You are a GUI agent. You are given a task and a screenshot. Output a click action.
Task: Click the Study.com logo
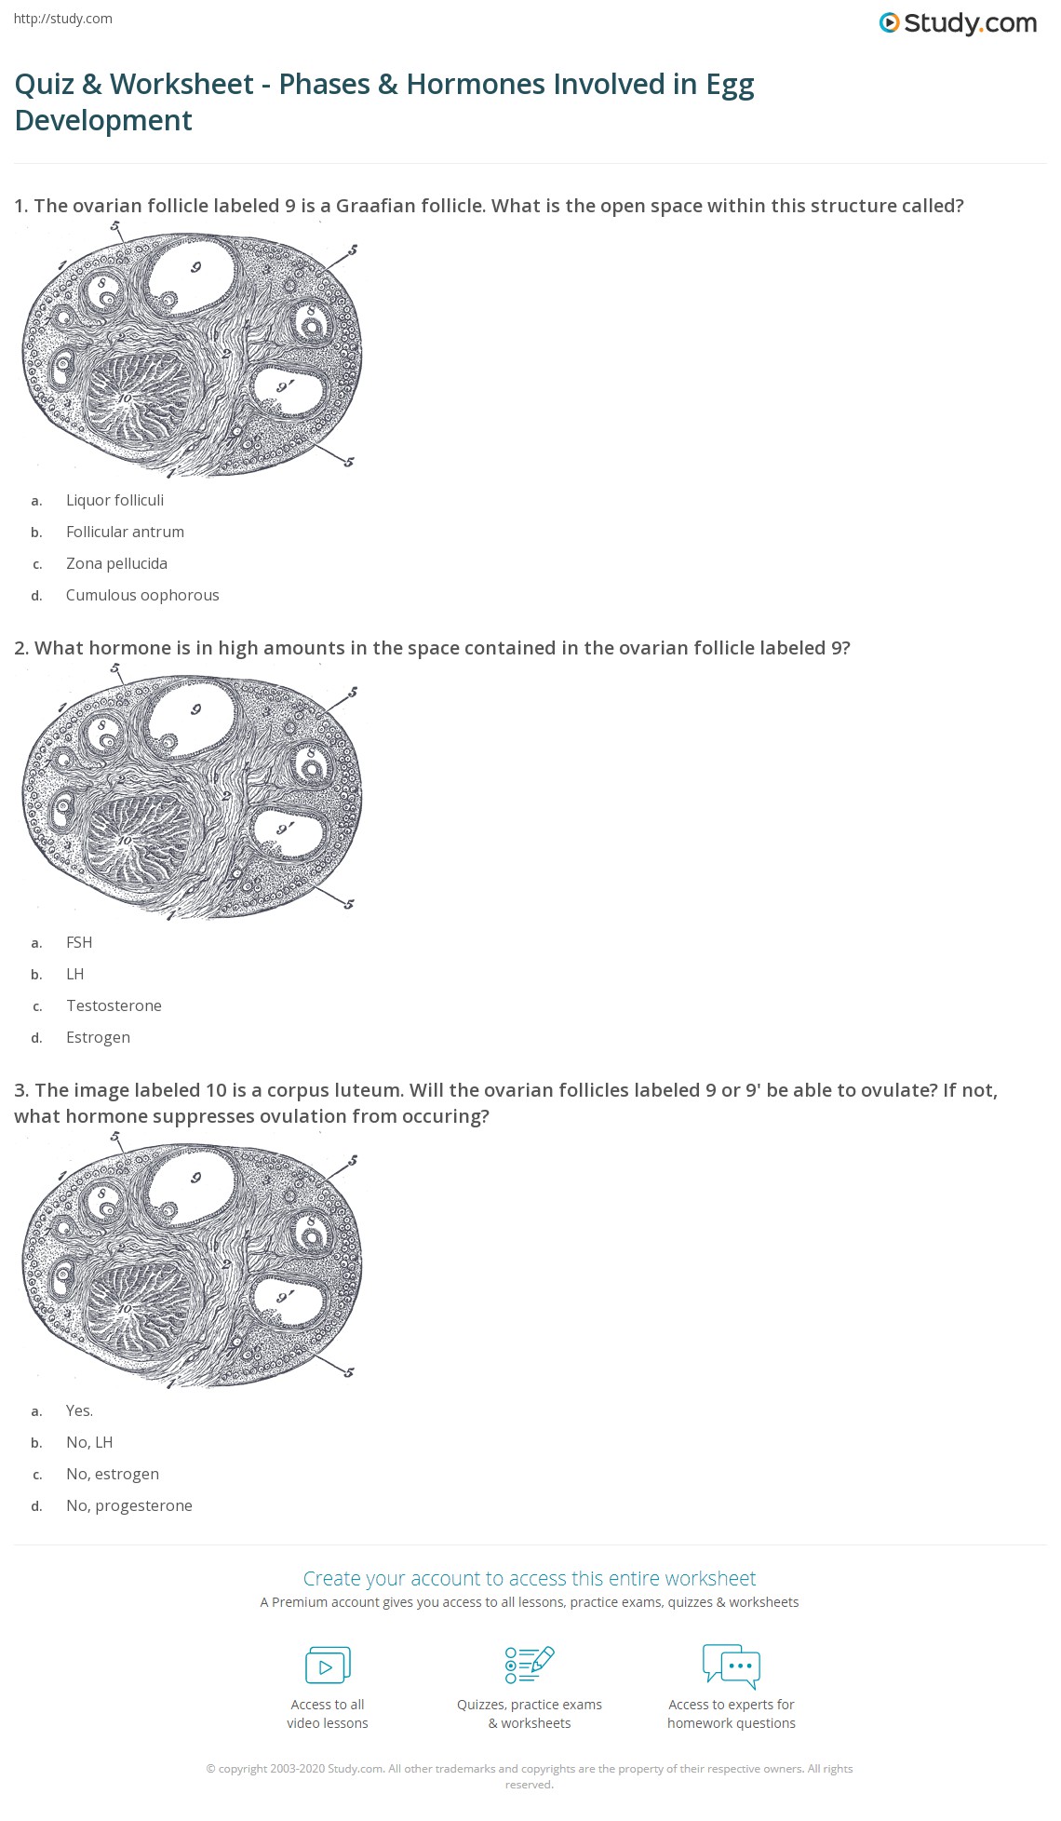tap(958, 23)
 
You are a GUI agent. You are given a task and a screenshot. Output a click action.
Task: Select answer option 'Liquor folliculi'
tap(114, 500)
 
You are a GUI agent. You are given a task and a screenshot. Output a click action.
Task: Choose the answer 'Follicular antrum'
tap(125, 532)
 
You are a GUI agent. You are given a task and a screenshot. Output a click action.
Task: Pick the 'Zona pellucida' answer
tap(116, 563)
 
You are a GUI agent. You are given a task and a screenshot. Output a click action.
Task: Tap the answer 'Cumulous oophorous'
tap(142, 595)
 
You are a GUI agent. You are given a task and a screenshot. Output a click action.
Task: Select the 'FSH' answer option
tap(79, 942)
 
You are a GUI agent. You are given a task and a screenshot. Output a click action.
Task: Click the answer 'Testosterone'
tap(114, 1005)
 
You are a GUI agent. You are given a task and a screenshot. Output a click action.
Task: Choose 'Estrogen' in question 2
tap(98, 1037)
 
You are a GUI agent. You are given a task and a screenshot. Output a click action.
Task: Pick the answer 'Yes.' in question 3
tap(79, 1410)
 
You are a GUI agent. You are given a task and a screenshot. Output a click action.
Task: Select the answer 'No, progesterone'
tap(128, 1505)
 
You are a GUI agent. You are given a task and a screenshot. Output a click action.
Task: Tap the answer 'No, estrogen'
tap(112, 1474)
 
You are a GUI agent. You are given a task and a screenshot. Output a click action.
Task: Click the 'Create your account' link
tap(529, 1578)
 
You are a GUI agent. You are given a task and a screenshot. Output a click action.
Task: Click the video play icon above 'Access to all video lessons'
tap(328, 1665)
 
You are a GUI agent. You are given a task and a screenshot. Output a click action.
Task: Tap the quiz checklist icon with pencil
tap(530, 1665)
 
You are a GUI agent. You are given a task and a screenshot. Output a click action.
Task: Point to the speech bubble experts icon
tap(732, 1665)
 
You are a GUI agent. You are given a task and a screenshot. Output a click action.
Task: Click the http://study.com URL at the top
tap(63, 19)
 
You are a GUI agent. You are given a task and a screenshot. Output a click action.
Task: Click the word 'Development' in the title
tap(103, 120)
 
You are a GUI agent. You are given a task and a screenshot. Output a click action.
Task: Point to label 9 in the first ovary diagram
tap(195, 268)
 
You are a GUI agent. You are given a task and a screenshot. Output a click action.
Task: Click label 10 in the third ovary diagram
tap(125, 1308)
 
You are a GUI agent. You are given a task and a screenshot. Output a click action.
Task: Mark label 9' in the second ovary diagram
tap(285, 828)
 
